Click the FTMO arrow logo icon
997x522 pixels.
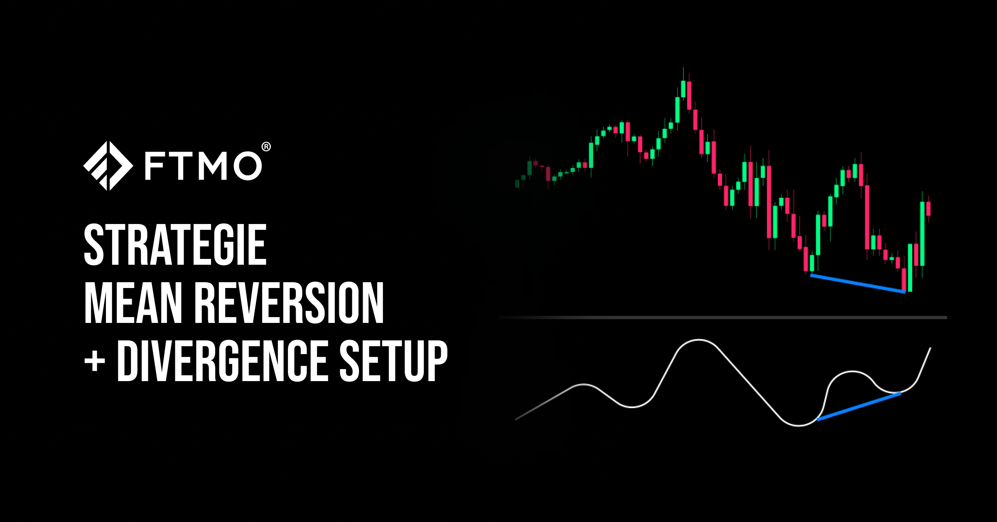(108, 166)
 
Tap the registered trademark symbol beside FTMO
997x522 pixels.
(266, 147)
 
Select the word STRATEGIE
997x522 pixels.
(175, 246)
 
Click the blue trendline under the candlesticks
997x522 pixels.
(858, 283)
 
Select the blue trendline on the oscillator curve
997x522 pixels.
(859, 406)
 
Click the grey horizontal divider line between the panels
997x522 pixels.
(723, 318)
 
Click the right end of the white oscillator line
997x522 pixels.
(931, 348)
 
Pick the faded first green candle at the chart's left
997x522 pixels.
(517, 184)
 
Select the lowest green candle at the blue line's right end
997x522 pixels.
(910, 268)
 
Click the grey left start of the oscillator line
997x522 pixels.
(516, 419)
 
